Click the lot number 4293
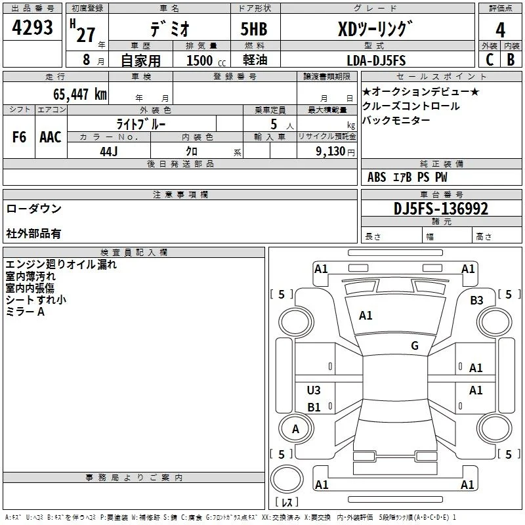32,27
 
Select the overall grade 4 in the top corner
500,30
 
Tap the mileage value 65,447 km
80,94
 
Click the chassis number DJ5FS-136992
441,209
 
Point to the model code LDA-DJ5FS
376,60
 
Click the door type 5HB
254,29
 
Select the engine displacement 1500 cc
206,60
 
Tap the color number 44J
109,152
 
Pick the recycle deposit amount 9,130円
335,152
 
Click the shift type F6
19,137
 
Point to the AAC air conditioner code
51,137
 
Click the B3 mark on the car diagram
476,301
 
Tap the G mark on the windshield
415,346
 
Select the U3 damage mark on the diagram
314,390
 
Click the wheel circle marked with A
296,429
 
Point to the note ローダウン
34,209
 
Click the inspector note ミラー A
25,312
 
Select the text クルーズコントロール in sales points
411,106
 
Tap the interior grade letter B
511,60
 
